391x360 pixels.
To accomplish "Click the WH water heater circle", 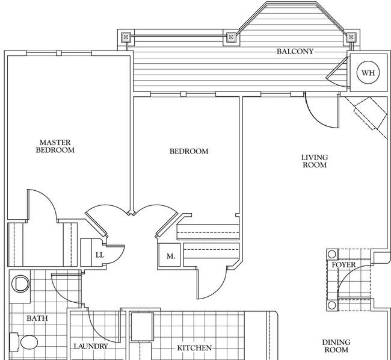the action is [x=368, y=73].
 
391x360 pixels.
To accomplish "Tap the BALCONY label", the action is [x=295, y=51].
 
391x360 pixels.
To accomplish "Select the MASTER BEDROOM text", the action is [x=55, y=146].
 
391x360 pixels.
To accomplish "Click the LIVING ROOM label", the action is [x=315, y=161].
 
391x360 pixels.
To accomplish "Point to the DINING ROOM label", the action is [x=336, y=346].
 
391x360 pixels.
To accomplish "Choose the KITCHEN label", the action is [x=194, y=348].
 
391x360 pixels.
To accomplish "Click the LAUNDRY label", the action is [x=91, y=346].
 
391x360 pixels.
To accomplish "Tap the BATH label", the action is [x=37, y=318].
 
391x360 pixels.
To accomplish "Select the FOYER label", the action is [x=343, y=265].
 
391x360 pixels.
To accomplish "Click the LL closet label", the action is [x=100, y=255].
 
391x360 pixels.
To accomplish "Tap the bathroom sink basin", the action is [x=20, y=284].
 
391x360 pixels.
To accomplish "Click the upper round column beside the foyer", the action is [x=331, y=255].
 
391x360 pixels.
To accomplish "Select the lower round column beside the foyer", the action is [x=331, y=305].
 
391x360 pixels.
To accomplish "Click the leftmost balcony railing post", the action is [x=126, y=37].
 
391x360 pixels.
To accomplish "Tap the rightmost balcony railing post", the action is [x=351, y=37].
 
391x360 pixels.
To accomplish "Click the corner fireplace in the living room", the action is [x=368, y=114].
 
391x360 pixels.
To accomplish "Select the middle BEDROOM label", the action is [x=189, y=151].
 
